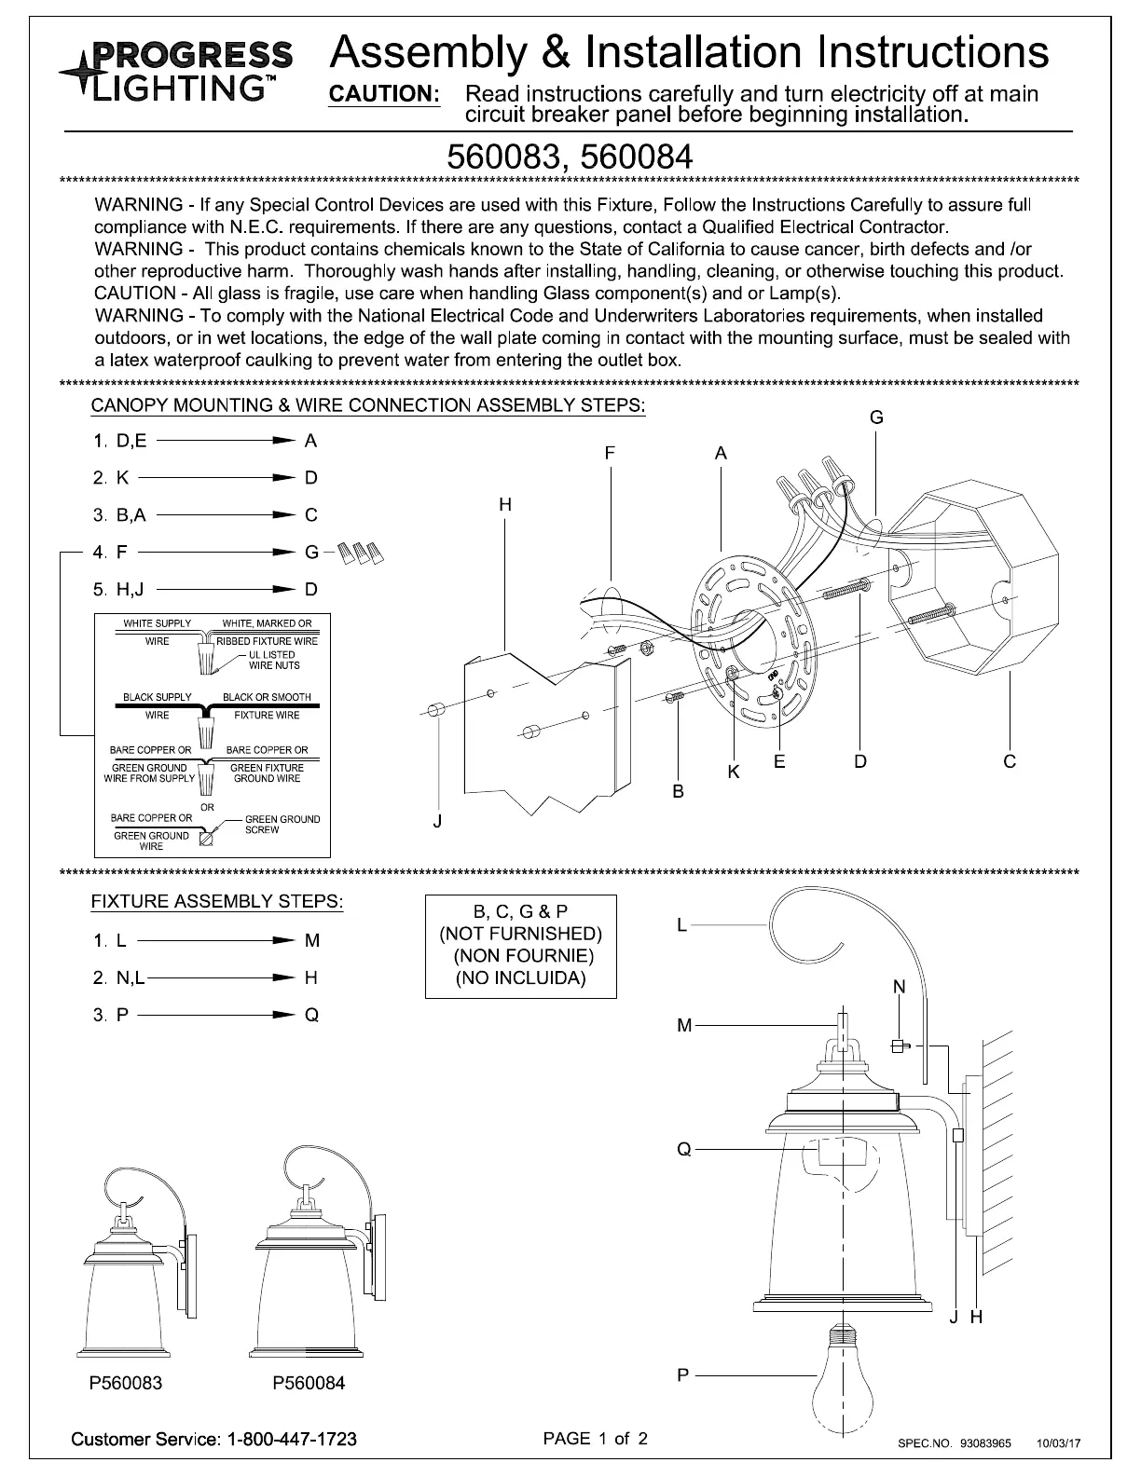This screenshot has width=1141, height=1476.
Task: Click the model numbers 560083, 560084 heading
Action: pos(570,156)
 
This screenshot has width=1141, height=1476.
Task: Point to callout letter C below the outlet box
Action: pos(1010,762)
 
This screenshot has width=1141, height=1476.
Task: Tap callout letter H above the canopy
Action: pos(505,505)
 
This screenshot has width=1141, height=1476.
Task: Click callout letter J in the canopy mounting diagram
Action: pos(437,822)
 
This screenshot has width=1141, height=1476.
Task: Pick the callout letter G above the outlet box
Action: pos(876,418)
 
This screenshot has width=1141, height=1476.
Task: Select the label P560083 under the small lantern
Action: pos(125,1383)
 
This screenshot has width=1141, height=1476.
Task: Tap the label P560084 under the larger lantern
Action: pos(308,1383)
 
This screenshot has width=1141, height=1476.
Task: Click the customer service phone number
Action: pos(292,1439)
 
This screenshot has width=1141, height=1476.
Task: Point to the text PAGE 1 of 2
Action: pos(595,1438)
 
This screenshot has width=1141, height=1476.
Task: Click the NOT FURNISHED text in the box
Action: pos(520,934)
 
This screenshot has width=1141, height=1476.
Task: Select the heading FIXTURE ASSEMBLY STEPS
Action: pos(216,902)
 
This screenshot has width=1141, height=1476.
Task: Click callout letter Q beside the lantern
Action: pos(684,1150)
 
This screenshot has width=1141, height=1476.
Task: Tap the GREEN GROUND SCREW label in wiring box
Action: pos(282,825)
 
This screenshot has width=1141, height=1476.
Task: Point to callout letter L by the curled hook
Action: pos(681,925)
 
